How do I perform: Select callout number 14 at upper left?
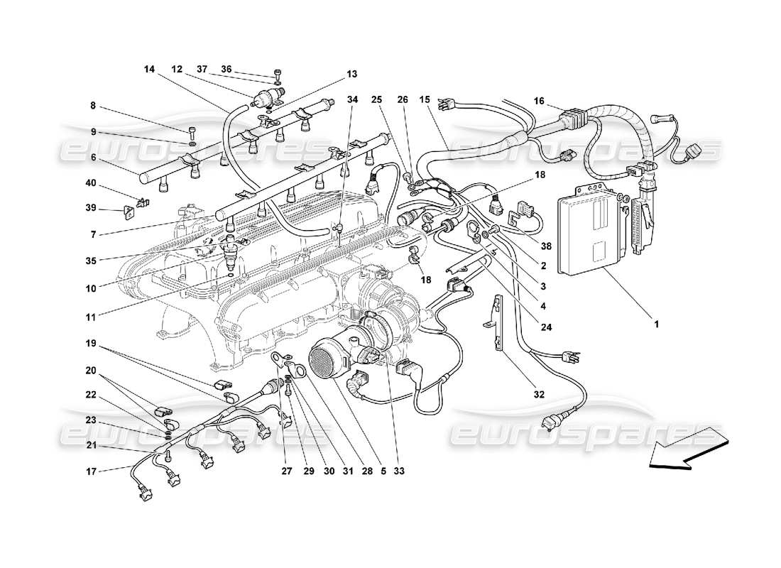149,69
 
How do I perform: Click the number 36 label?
226,69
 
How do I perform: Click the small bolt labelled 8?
192,131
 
